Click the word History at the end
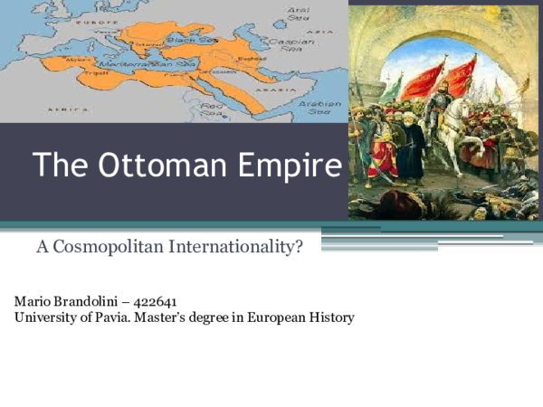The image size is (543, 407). (331, 317)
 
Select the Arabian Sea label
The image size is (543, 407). (323, 107)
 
